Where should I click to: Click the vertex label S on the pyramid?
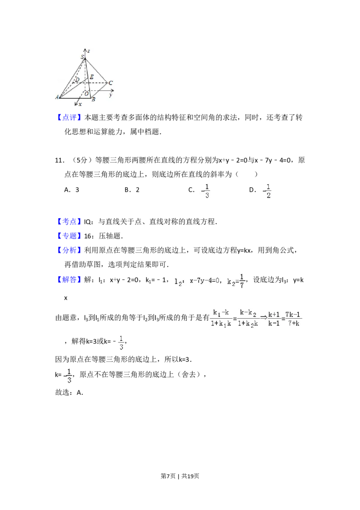point(82,57)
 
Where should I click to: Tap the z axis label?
point(89,51)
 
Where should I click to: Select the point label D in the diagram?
point(77,80)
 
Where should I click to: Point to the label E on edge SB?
point(91,77)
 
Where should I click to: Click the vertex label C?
point(110,83)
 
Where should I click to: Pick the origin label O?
point(86,94)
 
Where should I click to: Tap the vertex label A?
point(57,97)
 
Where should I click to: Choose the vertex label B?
point(93,99)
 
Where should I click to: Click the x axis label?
point(81,104)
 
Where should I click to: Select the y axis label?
point(110,95)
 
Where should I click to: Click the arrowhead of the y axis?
point(112,90)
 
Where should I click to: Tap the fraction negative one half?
point(267,191)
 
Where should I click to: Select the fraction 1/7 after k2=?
point(242,280)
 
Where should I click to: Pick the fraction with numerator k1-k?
point(221,319)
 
